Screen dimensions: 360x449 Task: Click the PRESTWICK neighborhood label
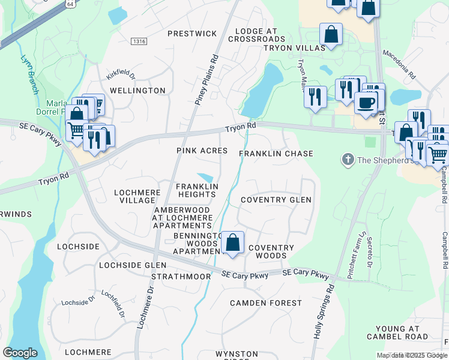tap(192, 34)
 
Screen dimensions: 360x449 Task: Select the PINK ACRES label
tap(202, 151)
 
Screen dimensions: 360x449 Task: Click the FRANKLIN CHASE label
tap(276, 154)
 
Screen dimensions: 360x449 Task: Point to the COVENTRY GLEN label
tap(276, 200)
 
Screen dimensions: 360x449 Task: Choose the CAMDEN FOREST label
tap(265, 303)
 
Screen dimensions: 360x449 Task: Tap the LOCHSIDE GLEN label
tap(132, 265)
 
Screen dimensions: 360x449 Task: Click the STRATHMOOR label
tap(181, 277)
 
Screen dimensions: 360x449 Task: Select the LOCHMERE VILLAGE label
tap(135, 196)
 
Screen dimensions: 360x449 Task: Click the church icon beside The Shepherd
tap(347, 160)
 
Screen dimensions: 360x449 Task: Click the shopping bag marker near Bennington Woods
tap(233, 243)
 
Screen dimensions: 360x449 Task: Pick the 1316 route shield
tap(139, 41)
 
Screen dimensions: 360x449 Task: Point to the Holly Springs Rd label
tap(323, 311)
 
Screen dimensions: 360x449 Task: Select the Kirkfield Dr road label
tap(121, 74)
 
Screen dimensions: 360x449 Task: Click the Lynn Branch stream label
tap(29, 75)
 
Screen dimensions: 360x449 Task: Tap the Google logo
tap(20, 352)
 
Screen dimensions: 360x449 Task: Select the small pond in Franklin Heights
tap(205, 178)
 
